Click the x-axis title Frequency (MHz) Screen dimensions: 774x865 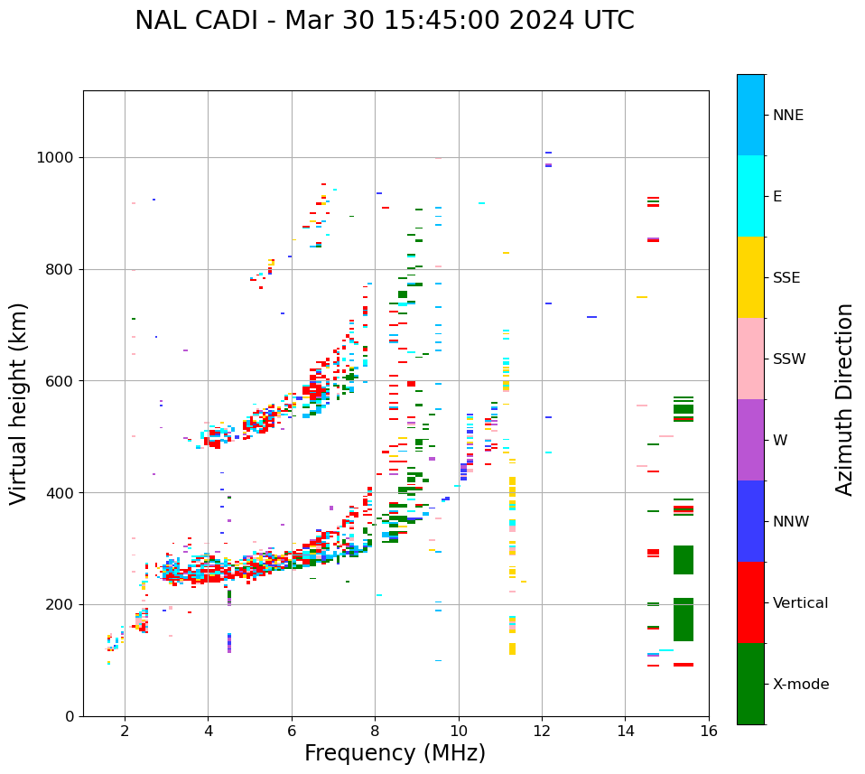pos(395,753)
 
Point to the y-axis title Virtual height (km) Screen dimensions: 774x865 pos(19,403)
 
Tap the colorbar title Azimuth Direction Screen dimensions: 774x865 pos(844,399)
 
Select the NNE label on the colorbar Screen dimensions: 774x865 pos(787,116)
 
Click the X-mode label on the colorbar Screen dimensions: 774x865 pos(800,685)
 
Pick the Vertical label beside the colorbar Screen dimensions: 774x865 pos(800,603)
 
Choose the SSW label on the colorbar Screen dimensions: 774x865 pos(789,359)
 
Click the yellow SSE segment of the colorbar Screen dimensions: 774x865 pos(750,277)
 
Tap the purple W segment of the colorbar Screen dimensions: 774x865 pos(750,440)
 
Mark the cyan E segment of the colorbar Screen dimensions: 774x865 pos(750,196)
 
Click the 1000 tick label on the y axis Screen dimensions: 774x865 pos(56,158)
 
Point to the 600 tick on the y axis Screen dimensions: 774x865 pos(60,381)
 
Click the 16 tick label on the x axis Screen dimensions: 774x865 pos(709,731)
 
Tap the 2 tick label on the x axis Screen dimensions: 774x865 pos(125,731)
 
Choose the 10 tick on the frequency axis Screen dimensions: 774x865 pos(459,731)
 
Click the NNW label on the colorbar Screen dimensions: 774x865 pos(791,522)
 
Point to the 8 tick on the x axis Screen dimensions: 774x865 pos(376,731)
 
